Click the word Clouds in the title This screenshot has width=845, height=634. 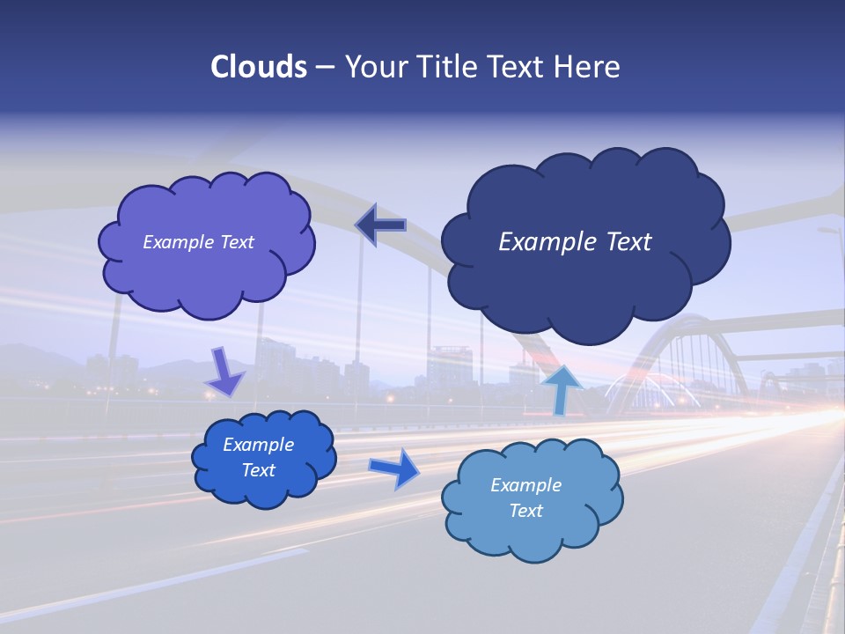(258, 67)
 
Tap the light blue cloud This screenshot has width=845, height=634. (533, 533)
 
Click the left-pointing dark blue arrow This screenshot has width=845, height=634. (381, 225)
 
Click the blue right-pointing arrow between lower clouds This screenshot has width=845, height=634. (394, 468)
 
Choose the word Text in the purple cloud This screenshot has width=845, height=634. (237, 242)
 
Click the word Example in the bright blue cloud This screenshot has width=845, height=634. (258, 445)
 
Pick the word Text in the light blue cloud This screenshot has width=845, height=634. (525, 511)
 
